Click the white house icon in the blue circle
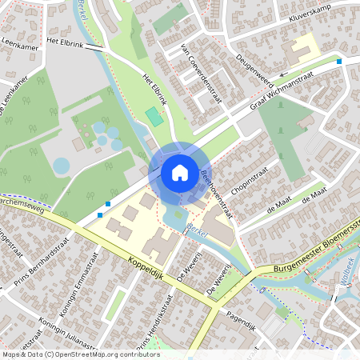pos(180,172)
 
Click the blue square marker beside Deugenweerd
pos(340,61)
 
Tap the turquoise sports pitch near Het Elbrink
pos(153,117)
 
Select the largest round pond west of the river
pos(62,166)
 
